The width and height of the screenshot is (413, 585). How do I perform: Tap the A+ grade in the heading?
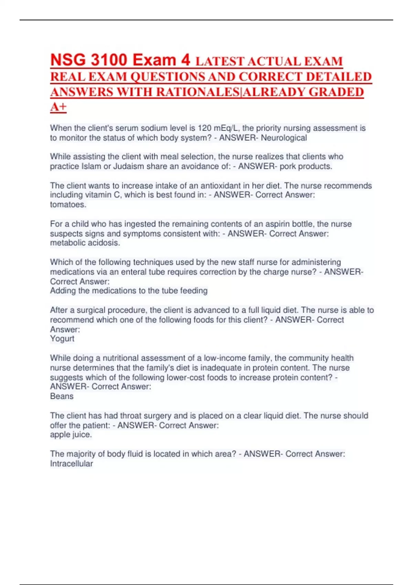(x=58, y=107)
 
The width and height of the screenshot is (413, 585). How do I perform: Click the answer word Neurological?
(x=284, y=138)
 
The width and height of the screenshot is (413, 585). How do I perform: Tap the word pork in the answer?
(x=288, y=166)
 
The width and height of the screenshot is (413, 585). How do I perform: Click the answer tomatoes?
(x=68, y=204)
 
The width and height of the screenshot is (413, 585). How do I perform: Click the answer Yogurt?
(x=62, y=339)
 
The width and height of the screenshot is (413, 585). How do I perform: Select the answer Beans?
(x=62, y=396)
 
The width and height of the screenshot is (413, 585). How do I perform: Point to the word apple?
(x=60, y=435)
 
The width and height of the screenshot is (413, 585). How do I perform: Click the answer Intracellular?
(x=71, y=464)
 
